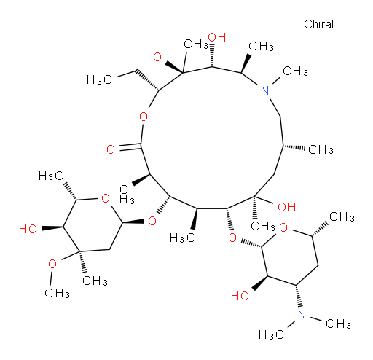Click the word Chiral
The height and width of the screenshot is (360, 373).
[x=318, y=24]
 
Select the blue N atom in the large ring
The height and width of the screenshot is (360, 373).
[x=264, y=90]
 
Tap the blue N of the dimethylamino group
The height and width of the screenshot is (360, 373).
[x=302, y=315]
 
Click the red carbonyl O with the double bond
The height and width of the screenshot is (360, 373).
[x=111, y=149]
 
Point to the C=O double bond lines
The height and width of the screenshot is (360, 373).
[x=129, y=147]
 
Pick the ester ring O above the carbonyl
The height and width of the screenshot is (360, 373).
[x=144, y=117]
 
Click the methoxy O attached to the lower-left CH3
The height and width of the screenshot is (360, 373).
[x=52, y=264]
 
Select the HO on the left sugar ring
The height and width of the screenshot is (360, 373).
[x=28, y=229]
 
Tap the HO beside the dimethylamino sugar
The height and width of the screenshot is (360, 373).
[x=240, y=296]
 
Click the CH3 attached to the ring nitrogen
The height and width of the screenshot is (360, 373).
[x=295, y=71]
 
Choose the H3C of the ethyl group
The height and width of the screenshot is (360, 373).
[x=99, y=79]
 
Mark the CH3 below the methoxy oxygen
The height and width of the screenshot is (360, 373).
[x=58, y=293]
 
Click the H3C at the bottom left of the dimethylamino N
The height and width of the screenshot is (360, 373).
[x=271, y=334]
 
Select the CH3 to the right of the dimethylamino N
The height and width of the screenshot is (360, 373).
[x=338, y=324]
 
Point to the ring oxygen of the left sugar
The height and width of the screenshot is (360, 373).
[x=106, y=198]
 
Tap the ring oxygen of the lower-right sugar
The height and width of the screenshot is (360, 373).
[x=283, y=227]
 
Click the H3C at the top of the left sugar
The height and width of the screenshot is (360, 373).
[x=51, y=176]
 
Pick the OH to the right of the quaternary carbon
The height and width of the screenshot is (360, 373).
[x=287, y=207]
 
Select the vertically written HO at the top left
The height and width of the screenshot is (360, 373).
[x=157, y=52]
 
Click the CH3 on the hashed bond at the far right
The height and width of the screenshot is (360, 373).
[x=321, y=149]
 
